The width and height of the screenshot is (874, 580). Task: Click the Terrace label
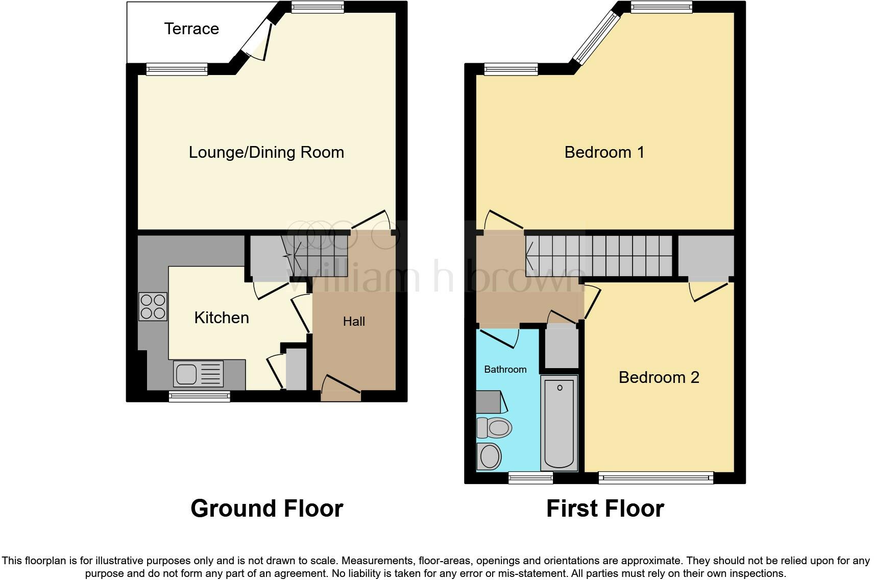[191, 29]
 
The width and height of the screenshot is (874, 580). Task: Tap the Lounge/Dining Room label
[266, 152]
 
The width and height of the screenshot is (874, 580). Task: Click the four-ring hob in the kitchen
[153, 306]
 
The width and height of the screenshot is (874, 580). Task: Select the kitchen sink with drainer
[199, 373]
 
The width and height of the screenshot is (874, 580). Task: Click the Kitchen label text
[222, 318]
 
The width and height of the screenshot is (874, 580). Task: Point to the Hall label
[354, 321]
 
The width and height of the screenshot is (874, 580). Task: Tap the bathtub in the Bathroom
[559, 423]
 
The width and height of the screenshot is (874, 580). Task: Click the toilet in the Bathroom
[494, 427]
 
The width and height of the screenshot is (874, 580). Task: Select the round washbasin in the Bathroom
[490, 455]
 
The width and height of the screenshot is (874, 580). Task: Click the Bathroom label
[505, 369]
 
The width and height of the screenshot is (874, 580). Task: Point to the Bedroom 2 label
[659, 377]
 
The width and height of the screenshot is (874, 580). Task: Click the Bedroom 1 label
[604, 152]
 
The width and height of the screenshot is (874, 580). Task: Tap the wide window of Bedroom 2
[655, 478]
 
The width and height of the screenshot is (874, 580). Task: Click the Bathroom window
[530, 478]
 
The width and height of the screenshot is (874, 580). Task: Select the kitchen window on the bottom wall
[199, 396]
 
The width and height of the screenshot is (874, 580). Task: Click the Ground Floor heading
[266, 509]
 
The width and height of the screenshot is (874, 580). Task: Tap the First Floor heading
[605, 509]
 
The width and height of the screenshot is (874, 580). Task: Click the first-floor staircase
[600, 255]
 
